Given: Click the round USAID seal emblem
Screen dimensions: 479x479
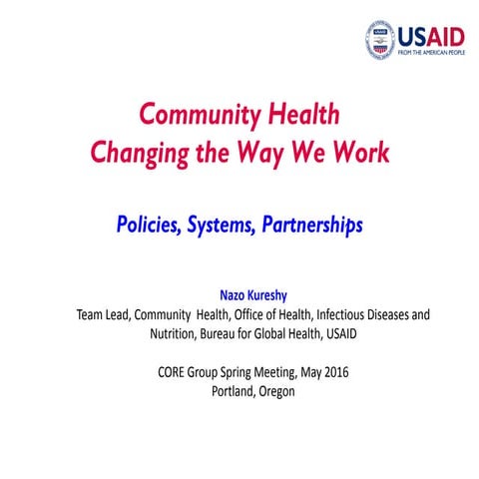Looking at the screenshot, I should [380, 40].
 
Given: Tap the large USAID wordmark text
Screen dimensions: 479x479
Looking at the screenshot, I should [432, 37].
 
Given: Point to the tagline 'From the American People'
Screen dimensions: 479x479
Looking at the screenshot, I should [432, 52].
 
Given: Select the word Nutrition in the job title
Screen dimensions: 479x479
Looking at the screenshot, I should [177, 335].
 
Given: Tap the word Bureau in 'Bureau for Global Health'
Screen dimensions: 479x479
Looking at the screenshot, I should [236, 335].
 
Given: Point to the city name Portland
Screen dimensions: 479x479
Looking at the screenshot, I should [233, 391].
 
